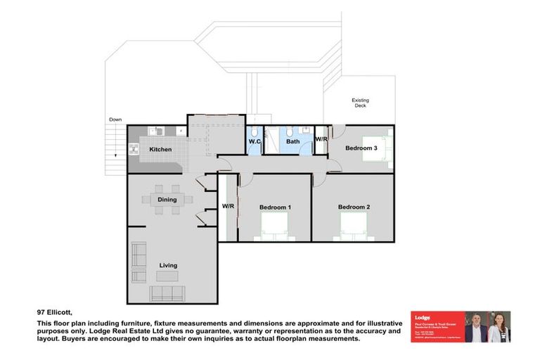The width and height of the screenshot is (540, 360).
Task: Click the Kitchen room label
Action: (x=160, y=150)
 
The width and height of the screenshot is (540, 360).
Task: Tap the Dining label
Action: (x=167, y=200)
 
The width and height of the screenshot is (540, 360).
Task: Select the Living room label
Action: (x=167, y=265)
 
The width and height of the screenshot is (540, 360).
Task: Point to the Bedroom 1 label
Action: (x=275, y=207)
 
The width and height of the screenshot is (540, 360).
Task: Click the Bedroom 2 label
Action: (x=354, y=207)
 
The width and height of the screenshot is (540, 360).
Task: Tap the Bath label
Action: (x=292, y=141)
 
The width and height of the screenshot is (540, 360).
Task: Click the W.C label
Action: (x=255, y=141)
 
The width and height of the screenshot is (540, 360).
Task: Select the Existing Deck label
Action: (x=360, y=103)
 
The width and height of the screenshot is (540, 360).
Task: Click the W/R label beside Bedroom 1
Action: (x=228, y=207)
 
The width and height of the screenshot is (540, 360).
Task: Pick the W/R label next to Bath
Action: (x=321, y=140)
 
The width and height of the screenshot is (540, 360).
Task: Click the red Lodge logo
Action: (x=422, y=318)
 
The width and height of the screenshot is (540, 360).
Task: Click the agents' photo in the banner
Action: (x=487, y=328)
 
